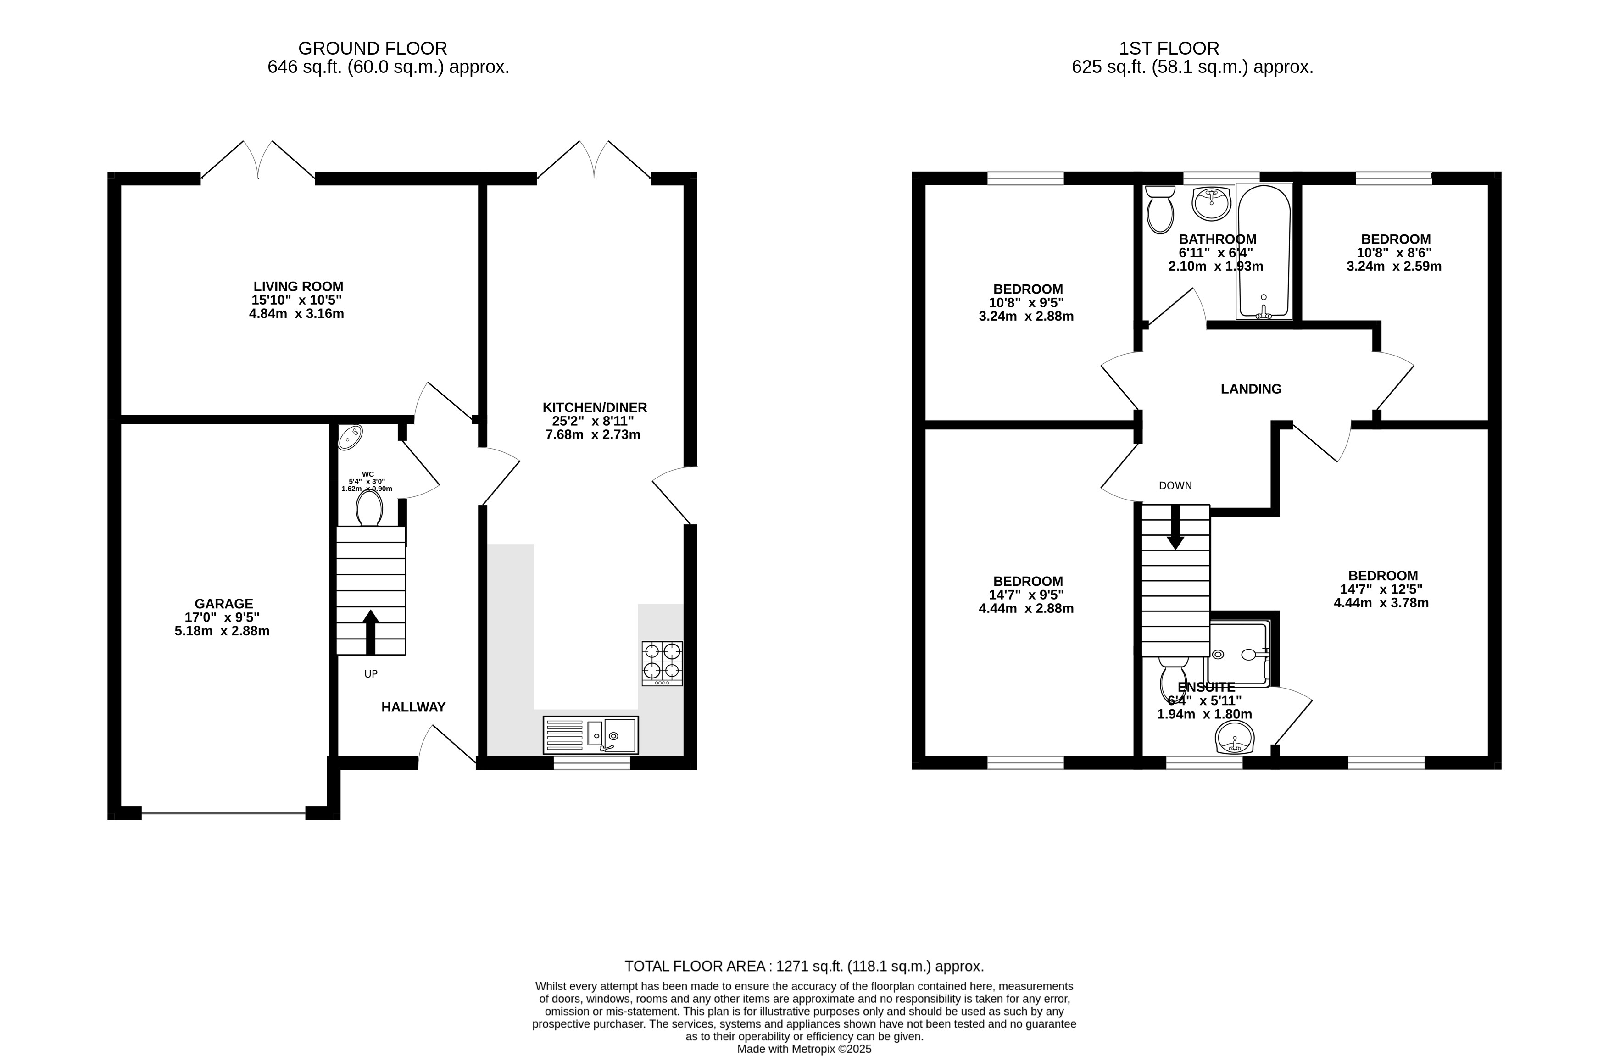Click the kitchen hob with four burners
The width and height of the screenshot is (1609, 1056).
(x=662, y=663)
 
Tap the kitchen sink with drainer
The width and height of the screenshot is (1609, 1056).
(x=590, y=735)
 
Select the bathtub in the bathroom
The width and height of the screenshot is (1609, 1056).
(x=1264, y=251)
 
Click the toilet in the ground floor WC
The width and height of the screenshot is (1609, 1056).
(x=369, y=508)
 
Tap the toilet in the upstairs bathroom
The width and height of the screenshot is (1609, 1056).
(x=1160, y=210)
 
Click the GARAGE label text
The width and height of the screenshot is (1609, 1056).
(x=224, y=604)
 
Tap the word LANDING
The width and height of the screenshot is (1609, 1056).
(x=1251, y=389)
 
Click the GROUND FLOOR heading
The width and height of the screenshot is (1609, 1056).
(x=373, y=49)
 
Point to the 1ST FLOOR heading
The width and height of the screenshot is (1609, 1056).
(x=1169, y=49)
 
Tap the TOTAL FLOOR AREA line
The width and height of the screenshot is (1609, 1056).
(x=804, y=966)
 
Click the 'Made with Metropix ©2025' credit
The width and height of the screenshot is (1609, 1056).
(x=804, y=1049)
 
